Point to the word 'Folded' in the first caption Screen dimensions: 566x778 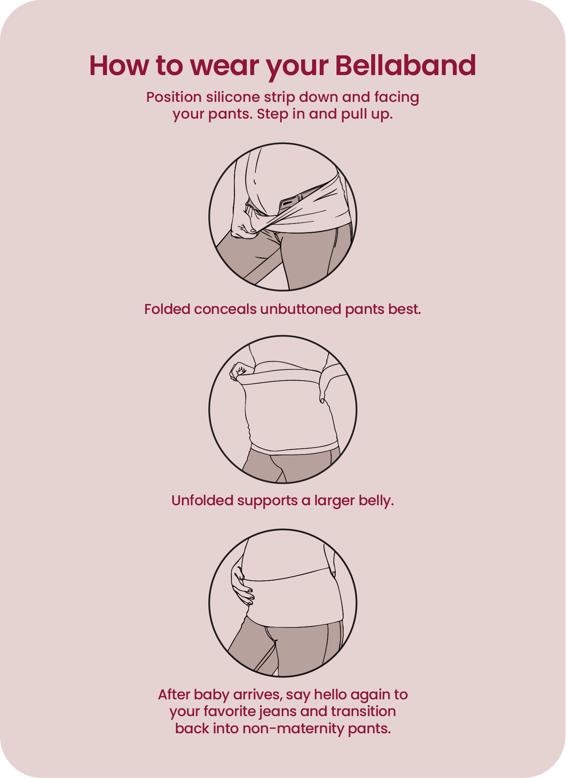(167, 309)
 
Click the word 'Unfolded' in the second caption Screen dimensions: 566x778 (202, 500)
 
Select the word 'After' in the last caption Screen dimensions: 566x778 (174, 695)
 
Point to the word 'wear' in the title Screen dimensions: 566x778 (224, 66)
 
